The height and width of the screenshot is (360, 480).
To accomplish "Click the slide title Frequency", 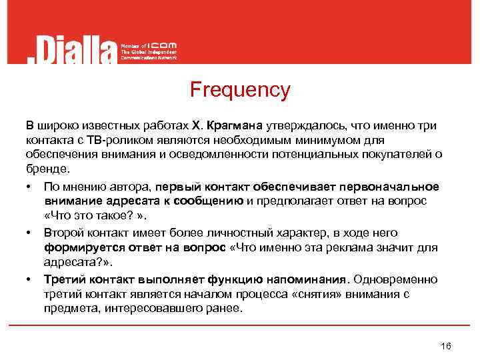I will tap(240, 89).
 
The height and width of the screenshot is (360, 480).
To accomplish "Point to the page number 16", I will tap(446, 345).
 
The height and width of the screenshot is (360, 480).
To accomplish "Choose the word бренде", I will tap(47, 169).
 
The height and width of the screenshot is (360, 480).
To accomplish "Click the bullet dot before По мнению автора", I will tap(29, 185).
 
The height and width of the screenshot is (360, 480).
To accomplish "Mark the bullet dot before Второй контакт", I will tap(29, 233).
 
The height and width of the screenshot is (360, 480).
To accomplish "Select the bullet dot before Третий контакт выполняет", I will tap(29, 279).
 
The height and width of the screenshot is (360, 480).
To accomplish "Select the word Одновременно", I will tap(396, 279).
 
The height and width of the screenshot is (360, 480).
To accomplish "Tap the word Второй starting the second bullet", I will tap(63, 233).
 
